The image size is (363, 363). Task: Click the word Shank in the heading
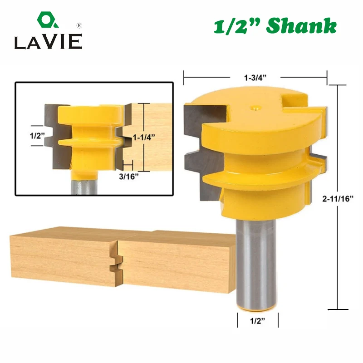click(x=301, y=26)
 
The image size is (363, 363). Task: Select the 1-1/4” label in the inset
click(x=144, y=136)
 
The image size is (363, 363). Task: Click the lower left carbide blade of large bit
click(x=209, y=172)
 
